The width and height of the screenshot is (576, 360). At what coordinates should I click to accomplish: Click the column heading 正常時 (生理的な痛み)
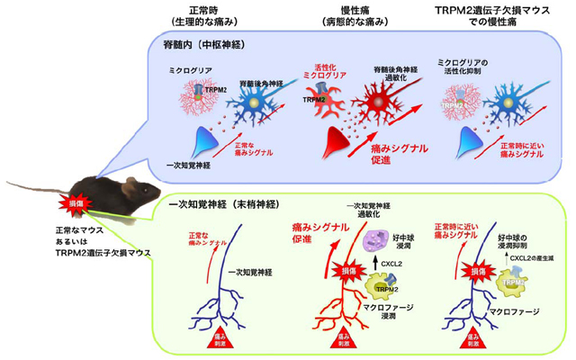(201, 15)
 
